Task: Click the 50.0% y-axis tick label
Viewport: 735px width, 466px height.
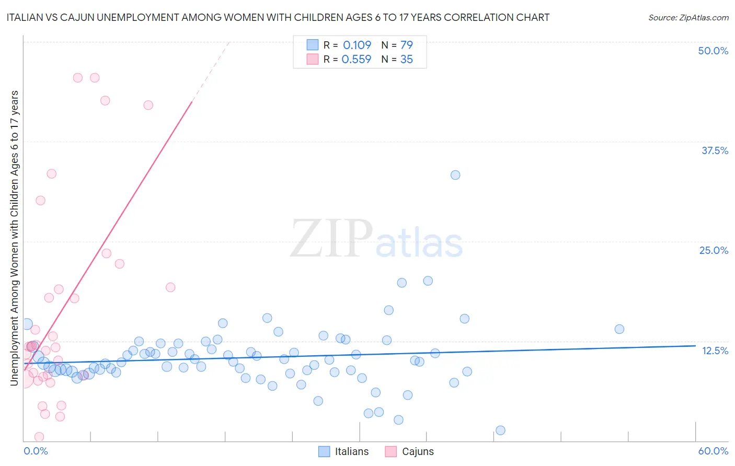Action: [713, 51]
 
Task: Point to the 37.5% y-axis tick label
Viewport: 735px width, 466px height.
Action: [715, 150]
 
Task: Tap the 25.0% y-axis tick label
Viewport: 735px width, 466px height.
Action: [714, 250]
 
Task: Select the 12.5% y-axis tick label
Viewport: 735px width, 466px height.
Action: [715, 351]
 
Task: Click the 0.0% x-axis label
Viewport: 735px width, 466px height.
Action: [36, 451]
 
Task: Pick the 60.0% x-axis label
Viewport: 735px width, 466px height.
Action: [713, 451]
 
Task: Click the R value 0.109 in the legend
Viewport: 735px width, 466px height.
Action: [357, 45]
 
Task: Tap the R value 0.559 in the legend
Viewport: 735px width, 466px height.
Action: [357, 60]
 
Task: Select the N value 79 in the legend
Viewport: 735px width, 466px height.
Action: [407, 45]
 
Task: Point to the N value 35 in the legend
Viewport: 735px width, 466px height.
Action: [407, 60]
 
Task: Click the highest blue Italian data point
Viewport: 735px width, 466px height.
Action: [455, 175]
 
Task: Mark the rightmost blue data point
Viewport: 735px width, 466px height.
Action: [619, 329]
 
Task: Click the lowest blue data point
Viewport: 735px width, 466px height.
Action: [500, 430]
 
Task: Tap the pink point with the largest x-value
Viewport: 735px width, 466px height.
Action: [170, 287]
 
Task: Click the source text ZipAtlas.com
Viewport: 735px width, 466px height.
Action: [688, 18]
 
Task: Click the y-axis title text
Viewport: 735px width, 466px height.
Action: [15, 238]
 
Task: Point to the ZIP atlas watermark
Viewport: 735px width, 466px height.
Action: [376, 239]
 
